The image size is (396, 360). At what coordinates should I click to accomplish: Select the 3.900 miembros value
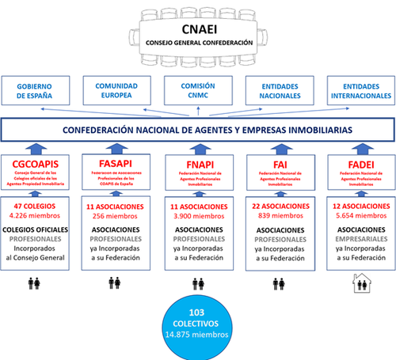(x=198, y=216)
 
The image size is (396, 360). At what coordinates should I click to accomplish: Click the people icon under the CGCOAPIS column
(x=36, y=282)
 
